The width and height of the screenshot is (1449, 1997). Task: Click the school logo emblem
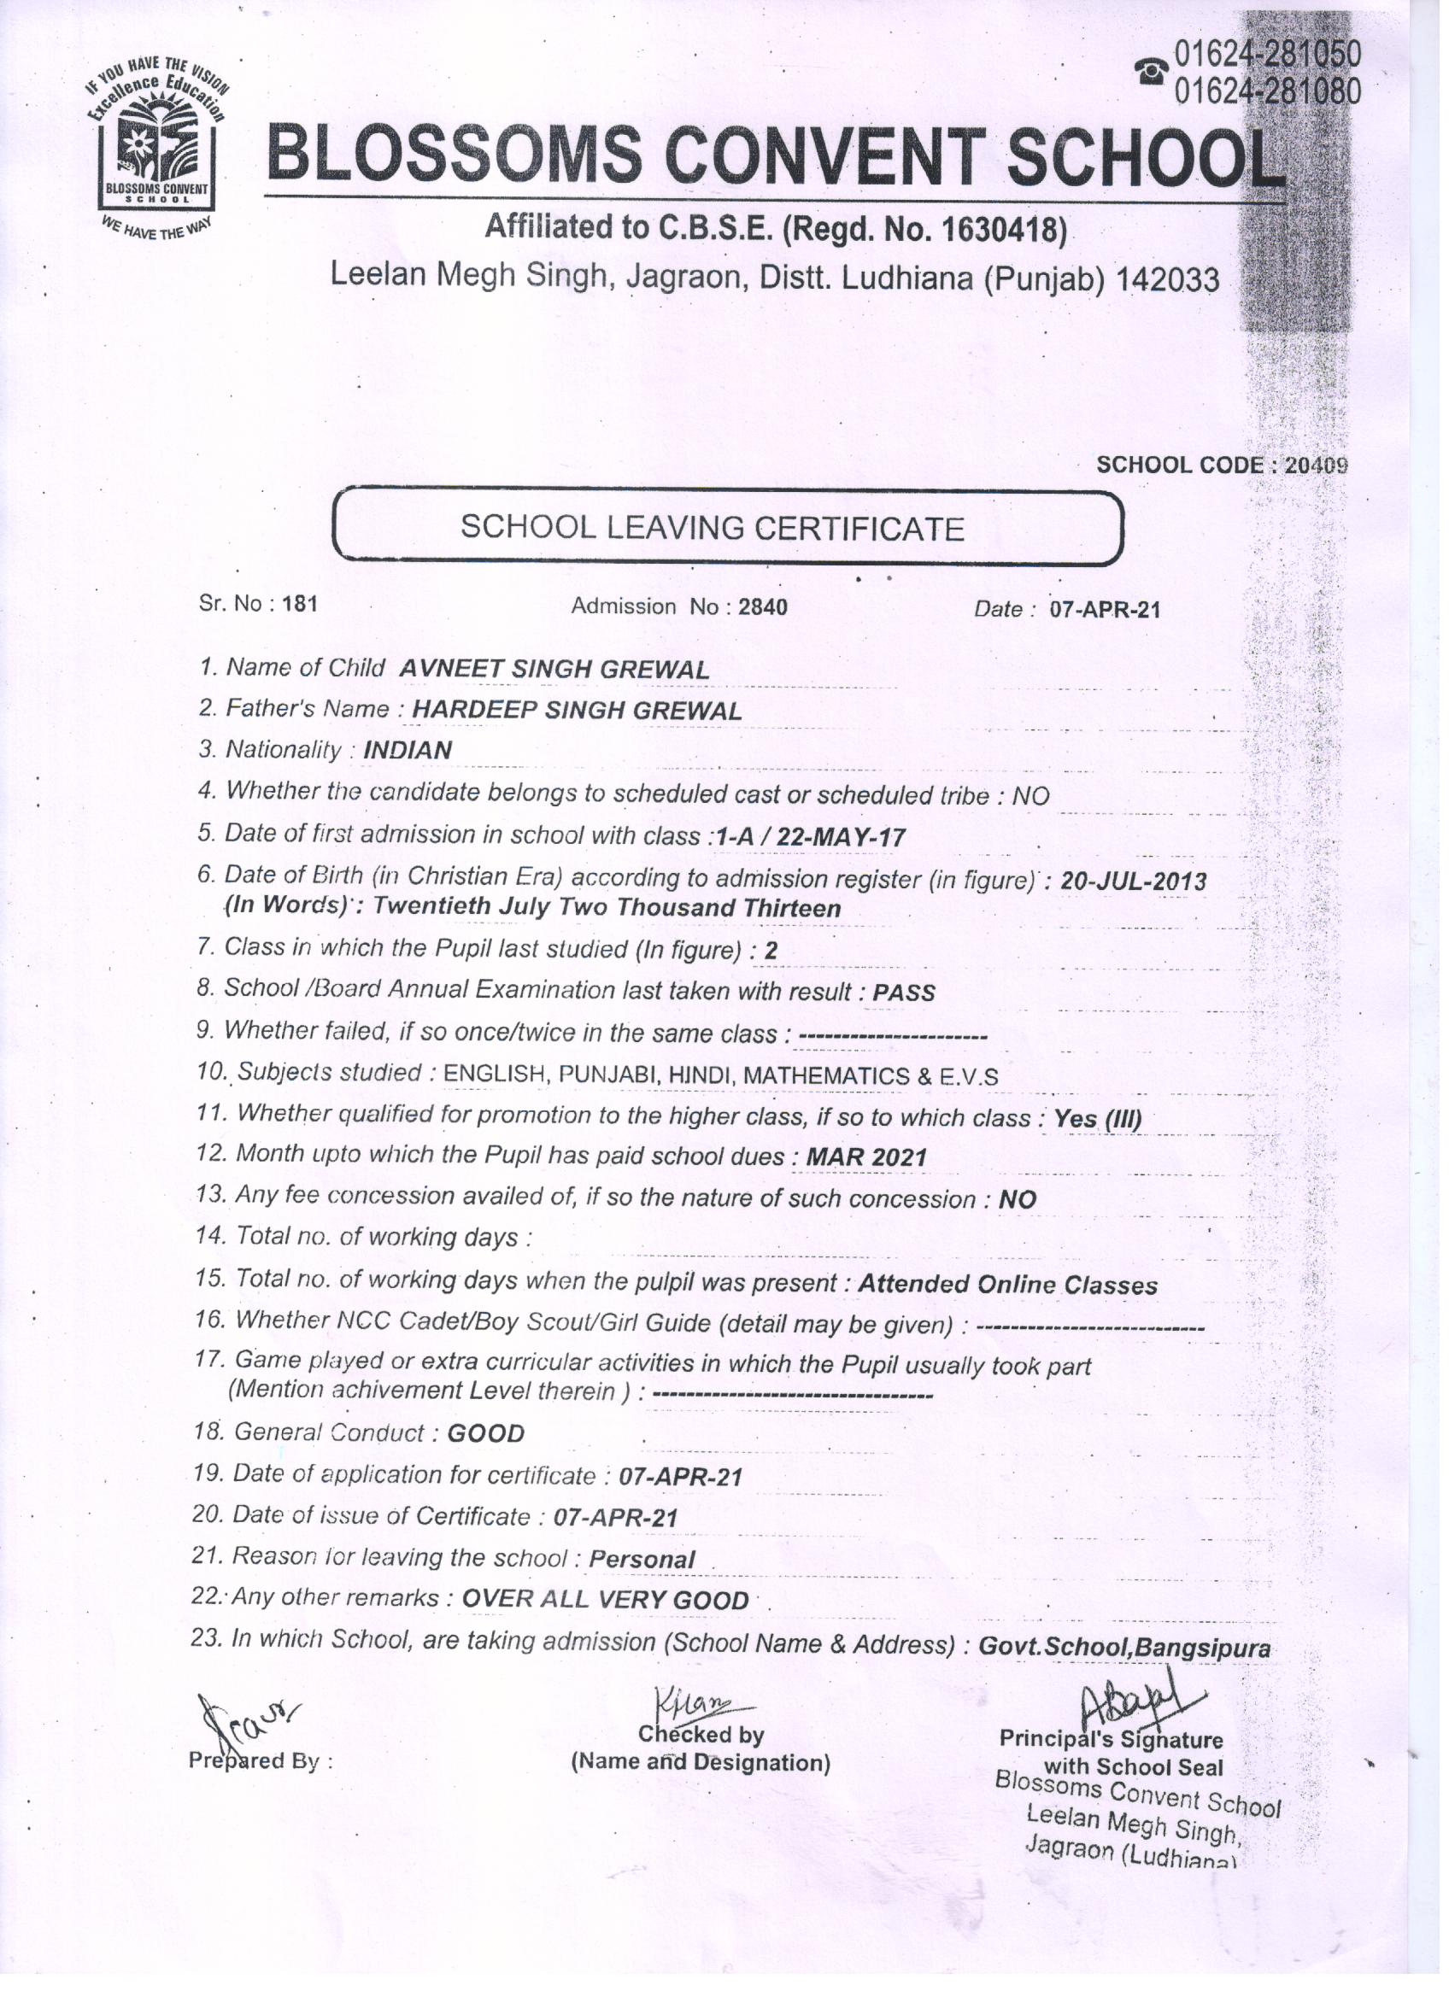[157, 145]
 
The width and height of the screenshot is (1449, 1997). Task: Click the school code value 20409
[1316, 465]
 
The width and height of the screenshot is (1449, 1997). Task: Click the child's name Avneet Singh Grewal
[554, 669]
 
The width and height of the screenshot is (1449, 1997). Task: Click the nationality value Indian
[408, 750]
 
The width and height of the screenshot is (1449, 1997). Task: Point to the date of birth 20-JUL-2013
[1133, 881]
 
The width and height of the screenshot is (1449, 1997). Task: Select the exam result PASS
[904, 993]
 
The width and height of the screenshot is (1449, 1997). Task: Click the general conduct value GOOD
[486, 1433]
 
